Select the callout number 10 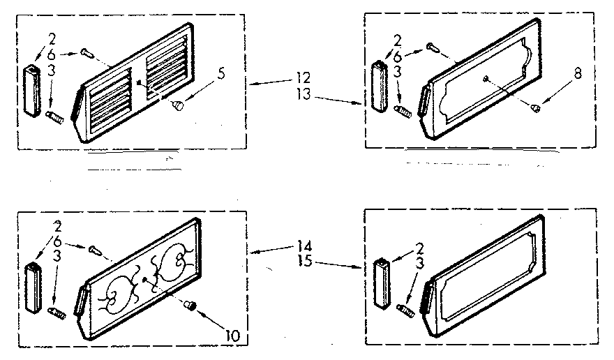[232, 336]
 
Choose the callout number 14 [305, 245]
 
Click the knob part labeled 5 [179, 105]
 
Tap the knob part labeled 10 [191, 306]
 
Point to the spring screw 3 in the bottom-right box [403, 308]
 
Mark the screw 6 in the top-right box [431, 47]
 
